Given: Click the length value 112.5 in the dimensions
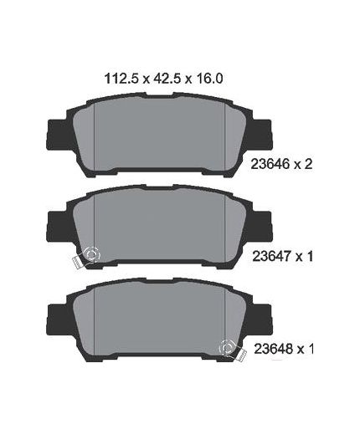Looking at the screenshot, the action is tap(121, 79).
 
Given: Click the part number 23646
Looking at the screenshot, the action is tap(270, 164).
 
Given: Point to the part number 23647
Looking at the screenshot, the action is tap(271, 256).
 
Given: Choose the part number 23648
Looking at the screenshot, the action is tap(273, 348).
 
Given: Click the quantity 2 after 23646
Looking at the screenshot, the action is tap(308, 164).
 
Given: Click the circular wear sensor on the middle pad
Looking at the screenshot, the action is tap(91, 254).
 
